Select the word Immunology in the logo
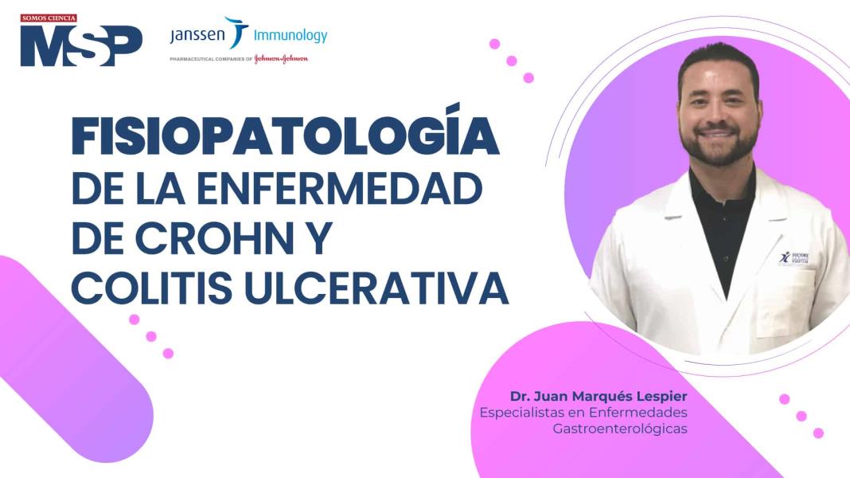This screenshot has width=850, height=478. (x=290, y=35)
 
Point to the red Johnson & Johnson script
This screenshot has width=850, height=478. (x=280, y=59)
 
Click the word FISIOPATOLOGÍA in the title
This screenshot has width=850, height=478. (x=285, y=137)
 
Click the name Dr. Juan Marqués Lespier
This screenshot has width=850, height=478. (x=599, y=396)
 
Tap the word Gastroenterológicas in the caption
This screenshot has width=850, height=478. (x=620, y=429)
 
